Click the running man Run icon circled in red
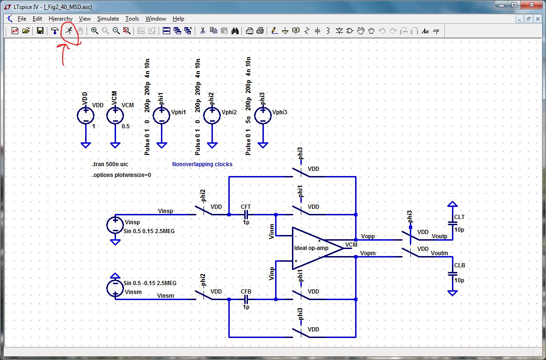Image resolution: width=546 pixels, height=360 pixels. pos(69,31)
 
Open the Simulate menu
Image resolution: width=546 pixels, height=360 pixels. pos(108,19)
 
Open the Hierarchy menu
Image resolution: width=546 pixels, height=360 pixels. pos(61,19)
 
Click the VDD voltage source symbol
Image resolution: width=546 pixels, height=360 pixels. pos(86,116)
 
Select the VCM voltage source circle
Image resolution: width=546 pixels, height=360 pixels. pos(115,116)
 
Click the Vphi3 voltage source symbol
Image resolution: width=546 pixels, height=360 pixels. pos(263,116)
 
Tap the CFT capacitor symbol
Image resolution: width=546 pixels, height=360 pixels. pos(246,215)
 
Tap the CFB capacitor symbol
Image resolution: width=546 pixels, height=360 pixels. pos(246,299)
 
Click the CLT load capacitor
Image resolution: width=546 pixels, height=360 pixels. pos(452,224)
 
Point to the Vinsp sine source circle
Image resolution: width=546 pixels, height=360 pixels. pos(115,225)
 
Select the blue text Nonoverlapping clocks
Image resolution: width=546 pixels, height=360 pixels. pos(202,164)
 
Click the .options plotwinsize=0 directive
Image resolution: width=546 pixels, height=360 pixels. pos(122,175)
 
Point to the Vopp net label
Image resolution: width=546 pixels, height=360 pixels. pos(368,236)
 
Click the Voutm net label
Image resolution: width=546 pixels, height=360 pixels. pos(440,253)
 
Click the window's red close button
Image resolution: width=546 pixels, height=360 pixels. pos(532,5)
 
